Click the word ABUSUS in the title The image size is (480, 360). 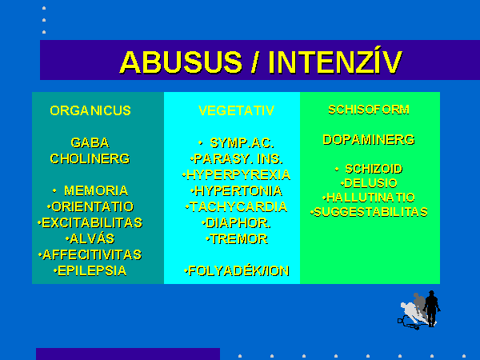(x=182, y=62)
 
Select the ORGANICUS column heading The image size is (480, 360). (x=90, y=110)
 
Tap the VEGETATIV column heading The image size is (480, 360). (x=236, y=110)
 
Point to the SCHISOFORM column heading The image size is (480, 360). (x=369, y=110)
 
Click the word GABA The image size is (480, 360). (x=90, y=142)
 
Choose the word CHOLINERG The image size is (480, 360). (x=90, y=159)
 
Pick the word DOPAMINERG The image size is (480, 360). (x=369, y=140)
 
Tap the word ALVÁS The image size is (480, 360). (x=92, y=238)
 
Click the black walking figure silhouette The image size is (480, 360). (x=432, y=309)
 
